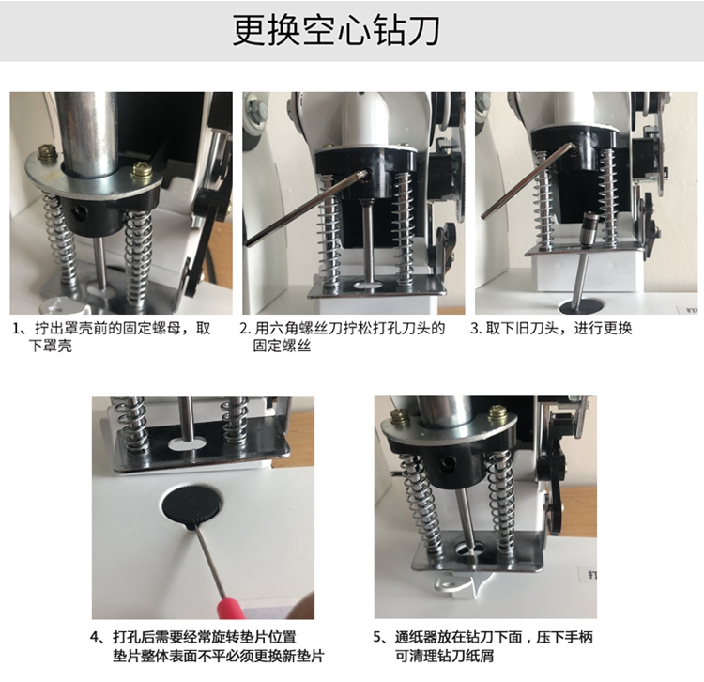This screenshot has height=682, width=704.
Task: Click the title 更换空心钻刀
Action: click(336, 30)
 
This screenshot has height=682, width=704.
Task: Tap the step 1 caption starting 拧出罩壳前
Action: click(112, 336)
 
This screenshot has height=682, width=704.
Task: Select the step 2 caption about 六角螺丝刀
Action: click(343, 336)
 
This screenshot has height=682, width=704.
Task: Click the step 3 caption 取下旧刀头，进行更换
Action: click(551, 329)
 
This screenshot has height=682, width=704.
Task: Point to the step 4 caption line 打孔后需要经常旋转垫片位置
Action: click(193, 637)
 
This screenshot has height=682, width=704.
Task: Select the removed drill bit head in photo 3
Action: click(589, 228)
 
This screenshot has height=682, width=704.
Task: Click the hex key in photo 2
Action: click(305, 208)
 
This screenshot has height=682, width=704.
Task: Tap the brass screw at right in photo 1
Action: click(143, 174)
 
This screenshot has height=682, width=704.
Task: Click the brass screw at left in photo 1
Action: click(46, 153)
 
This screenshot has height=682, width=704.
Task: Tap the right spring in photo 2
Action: click(404, 229)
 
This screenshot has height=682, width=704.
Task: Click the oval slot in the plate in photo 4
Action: click(187, 444)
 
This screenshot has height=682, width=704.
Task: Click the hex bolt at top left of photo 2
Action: click(253, 109)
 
